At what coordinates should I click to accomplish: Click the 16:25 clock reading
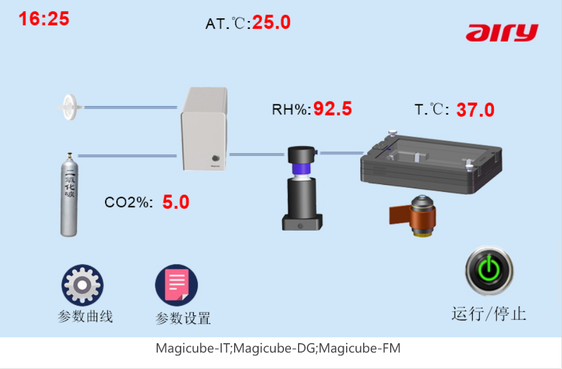pos(44,19)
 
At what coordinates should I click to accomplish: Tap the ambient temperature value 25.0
pos(272,23)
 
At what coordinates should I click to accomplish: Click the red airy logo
pos(502,33)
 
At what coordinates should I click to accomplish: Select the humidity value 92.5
pos(333,109)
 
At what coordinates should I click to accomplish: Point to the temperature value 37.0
pos(475,110)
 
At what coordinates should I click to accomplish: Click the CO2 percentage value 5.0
pos(176,202)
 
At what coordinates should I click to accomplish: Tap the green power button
pos(489,270)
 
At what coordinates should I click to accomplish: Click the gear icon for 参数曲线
pos(82,285)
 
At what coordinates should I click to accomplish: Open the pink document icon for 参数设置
pos(177,285)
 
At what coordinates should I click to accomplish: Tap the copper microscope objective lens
pos(418,217)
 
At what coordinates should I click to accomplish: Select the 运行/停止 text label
pos(489,313)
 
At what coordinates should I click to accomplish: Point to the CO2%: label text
pos(129,203)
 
